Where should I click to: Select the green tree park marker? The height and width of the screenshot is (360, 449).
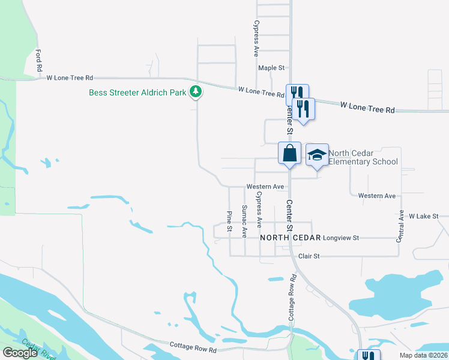[x=195, y=92]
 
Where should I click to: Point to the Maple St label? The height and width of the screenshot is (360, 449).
[x=271, y=68]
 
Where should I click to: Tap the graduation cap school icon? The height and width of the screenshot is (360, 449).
[x=317, y=155]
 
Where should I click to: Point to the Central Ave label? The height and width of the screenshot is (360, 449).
[x=400, y=225]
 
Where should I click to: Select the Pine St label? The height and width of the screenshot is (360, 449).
[x=229, y=221]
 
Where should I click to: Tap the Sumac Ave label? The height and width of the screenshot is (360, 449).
[x=244, y=220]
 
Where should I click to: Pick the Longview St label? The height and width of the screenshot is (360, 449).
[x=340, y=238]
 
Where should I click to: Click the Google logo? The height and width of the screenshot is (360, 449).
[x=20, y=353]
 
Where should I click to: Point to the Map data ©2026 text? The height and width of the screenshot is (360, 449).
[x=423, y=355]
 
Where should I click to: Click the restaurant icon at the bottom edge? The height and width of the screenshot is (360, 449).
[x=368, y=356]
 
